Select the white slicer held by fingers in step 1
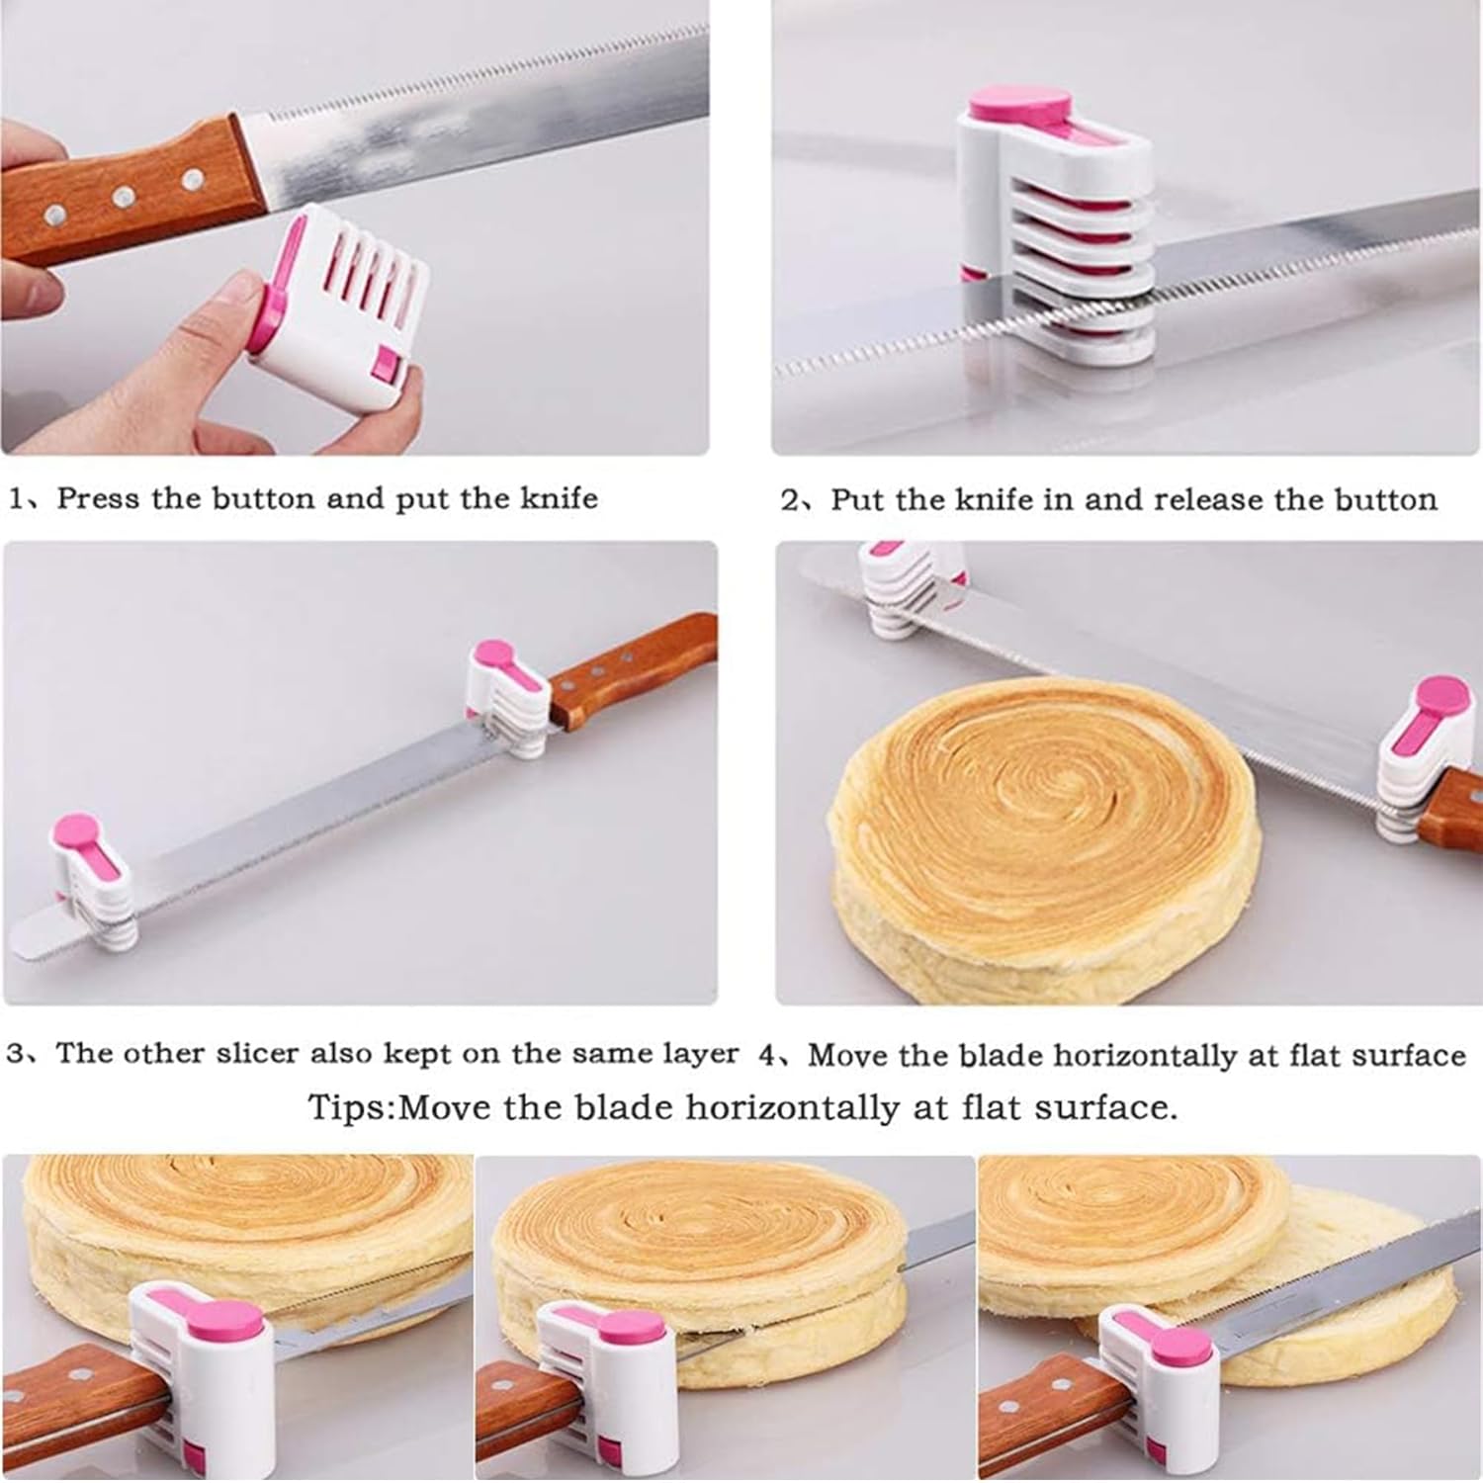coord(341,297)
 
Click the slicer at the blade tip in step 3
coord(92,880)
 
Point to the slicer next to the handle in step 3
coord(506,697)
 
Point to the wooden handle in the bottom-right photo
coord(1038,1404)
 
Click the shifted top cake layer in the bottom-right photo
coord(1127,1221)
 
